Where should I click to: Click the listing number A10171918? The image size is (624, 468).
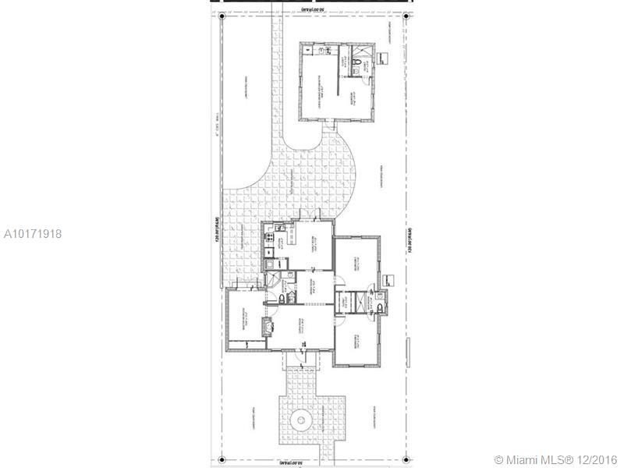pyautogui.click(x=33, y=233)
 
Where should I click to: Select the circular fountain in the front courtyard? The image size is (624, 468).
pyautogui.click(x=300, y=421)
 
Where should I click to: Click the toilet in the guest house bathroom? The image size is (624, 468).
pyautogui.click(x=355, y=63)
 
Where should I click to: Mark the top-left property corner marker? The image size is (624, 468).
pyautogui.click(x=221, y=17)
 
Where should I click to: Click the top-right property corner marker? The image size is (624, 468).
pyautogui.click(x=403, y=17)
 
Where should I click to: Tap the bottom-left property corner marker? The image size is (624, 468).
pyautogui.click(x=221, y=456)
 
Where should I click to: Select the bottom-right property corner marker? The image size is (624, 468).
pyautogui.click(x=403, y=456)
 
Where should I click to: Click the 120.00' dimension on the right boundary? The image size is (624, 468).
pyautogui.click(x=409, y=235)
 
